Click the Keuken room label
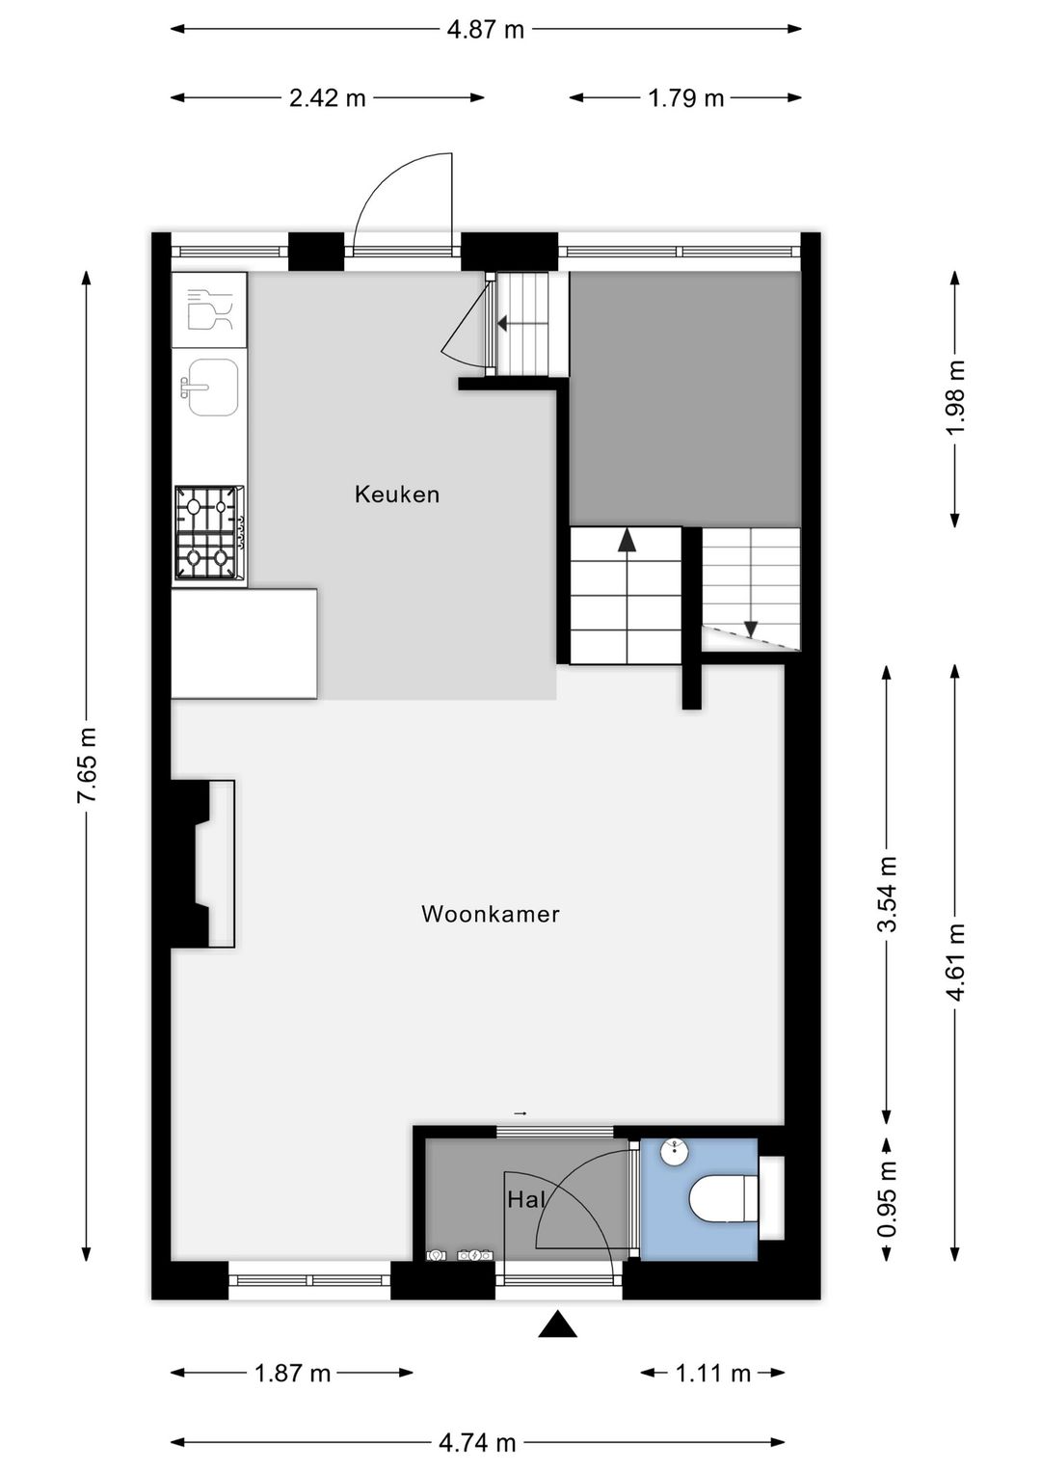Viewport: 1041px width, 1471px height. pyautogui.click(x=396, y=495)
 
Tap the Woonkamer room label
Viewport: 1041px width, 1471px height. pyautogui.click(x=490, y=914)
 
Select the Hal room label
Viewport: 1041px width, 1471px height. pyautogui.click(x=526, y=1200)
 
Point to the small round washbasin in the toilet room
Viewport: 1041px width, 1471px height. pyautogui.click(x=675, y=1152)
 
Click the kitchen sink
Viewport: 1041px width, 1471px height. pyautogui.click(x=211, y=388)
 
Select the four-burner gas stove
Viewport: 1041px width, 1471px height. pyautogui.click(x=209, y=532)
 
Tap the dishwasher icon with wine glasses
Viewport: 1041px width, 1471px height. pyautogui.click(x=209, y=309)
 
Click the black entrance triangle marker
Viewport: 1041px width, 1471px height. pyautogui.click(x=557, y=1325)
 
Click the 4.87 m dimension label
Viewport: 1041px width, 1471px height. pyautogui.click(x=485, y=29)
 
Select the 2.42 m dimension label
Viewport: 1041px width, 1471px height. pyautogui.click(x=328, y=97)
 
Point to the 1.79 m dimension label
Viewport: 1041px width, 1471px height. pyautogui.click(x=685, y=97)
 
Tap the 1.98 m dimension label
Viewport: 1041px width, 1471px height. pyautogui.click(x=955, y=397)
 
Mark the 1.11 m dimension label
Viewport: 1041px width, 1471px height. pyautogui.click(x=712, y=1373)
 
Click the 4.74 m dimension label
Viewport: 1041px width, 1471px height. pyautogui.click(x=477, y=1442)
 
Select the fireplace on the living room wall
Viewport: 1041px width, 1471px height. pyautogui.click(x=204, y=864)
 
